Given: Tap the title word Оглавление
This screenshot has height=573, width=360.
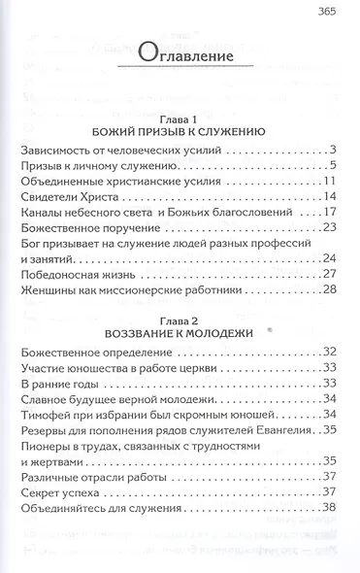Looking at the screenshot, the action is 180,54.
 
